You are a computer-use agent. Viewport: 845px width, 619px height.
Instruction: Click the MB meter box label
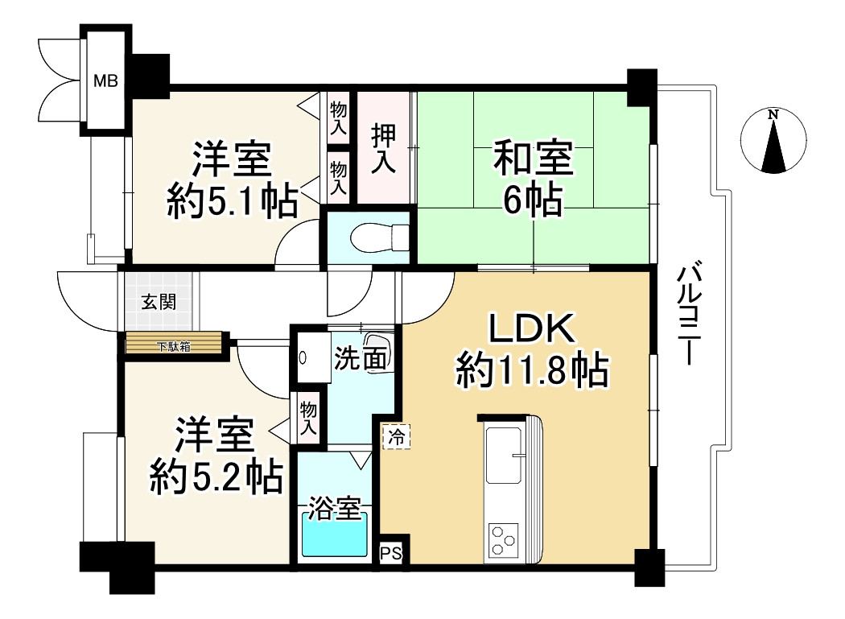105,80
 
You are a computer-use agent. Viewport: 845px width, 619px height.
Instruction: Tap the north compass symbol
773,141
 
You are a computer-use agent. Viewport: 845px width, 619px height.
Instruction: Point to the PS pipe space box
390,553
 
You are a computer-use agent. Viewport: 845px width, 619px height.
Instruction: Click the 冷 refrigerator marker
396,436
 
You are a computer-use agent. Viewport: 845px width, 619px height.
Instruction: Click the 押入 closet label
384,149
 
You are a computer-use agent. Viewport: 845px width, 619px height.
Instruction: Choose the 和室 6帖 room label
532,179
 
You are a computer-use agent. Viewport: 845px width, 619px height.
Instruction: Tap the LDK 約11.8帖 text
531,352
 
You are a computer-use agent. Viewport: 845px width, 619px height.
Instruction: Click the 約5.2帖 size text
216,477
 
